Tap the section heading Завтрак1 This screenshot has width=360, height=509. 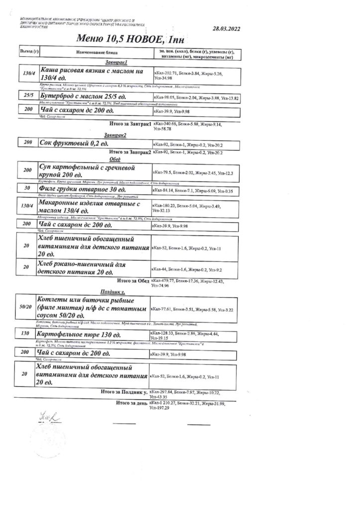click(116, 63)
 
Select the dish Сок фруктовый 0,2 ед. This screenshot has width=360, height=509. click(71, 143)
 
